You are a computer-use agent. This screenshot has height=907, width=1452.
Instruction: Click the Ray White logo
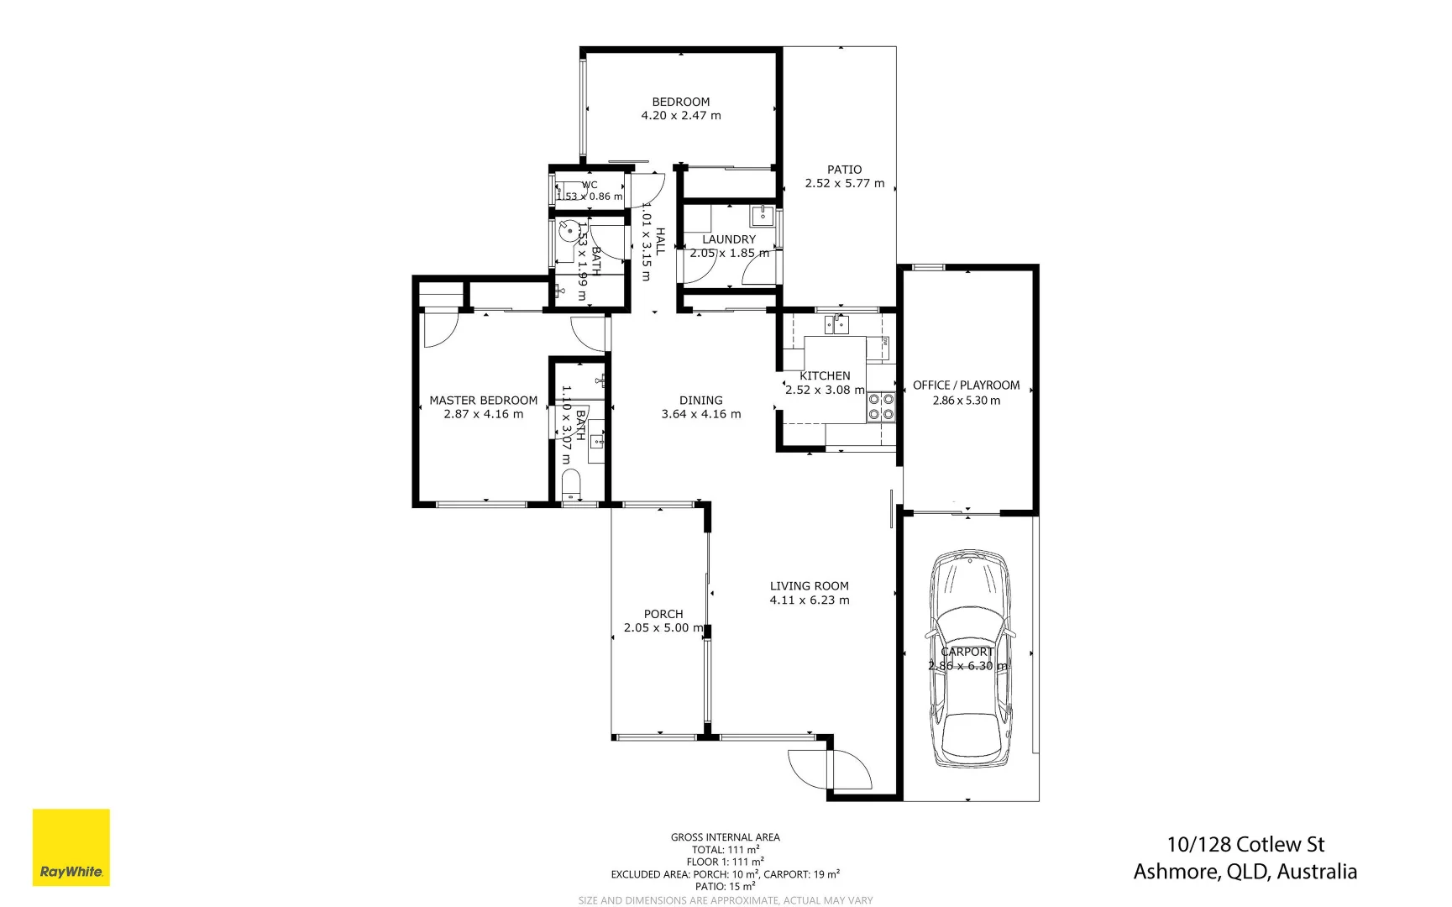click(x=71, y=847)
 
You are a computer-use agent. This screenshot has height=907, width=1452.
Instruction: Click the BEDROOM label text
click(x=680, y=102)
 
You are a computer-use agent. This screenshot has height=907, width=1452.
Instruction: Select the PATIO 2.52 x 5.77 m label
click(x=844, y=176)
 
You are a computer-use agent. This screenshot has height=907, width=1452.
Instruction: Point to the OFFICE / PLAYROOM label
click(x=966, y=385)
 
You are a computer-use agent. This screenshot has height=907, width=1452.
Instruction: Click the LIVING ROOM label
click(x=809, y=586)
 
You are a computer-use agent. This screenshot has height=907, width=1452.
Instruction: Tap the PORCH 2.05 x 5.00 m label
click(x=663, y=621)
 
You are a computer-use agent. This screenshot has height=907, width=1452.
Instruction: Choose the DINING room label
click(x=700, y=401)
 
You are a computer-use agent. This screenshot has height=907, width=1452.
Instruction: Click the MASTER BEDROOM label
click(x=483, y=401)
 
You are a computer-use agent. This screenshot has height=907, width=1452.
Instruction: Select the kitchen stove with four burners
click(x=881, y=406)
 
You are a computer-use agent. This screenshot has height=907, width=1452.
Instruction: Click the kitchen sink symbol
click(x=836, y=324)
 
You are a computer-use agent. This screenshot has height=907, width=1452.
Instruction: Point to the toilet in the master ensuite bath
click(x=571, y=485)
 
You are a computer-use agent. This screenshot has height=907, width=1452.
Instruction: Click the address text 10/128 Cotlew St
click(x=1245, y=844)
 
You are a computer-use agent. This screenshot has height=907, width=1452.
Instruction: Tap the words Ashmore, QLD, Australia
click(x=1245, y=872)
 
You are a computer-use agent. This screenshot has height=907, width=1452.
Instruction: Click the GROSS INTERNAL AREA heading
click(x=725, y=837)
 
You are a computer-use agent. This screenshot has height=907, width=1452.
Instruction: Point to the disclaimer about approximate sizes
click(x=725, y=900)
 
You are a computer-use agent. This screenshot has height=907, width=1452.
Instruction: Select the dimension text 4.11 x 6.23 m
click(x=809, y=600)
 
